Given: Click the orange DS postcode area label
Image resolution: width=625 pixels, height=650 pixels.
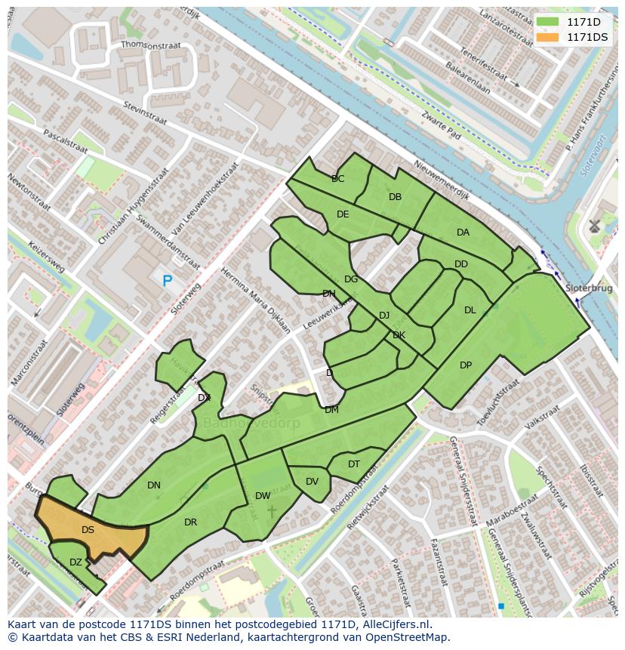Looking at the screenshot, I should pos(88,530).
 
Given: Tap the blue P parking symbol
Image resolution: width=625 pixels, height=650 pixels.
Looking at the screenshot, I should pos(167,281).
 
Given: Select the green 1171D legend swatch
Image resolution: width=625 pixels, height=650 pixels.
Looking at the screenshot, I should pos(547,21).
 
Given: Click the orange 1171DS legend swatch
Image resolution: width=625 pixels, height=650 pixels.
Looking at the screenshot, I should pos(547,37).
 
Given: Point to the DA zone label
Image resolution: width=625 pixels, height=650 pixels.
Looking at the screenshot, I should pos(463,233).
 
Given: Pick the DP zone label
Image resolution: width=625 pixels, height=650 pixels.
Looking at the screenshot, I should pos(466,365).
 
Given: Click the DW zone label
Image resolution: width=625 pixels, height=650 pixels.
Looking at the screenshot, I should pos(263,496).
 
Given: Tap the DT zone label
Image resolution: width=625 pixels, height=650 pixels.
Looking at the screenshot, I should pos(354,464).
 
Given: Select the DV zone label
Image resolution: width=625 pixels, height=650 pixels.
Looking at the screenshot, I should pos(312,482).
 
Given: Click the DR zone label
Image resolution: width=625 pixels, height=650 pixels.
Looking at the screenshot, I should pos(190,522).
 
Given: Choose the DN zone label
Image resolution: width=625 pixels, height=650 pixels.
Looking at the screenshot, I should pos(154,485).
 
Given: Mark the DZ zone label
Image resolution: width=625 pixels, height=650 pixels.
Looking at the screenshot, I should pos(75,562).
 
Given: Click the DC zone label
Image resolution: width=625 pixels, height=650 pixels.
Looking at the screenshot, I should pos(337,179).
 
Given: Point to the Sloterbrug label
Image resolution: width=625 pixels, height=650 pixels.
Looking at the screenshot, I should pos(588,288).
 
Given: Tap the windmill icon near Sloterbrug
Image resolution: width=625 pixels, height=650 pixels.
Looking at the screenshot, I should pos(594,225).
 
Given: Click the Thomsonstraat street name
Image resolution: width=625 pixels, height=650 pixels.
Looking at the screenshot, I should pos(151,45).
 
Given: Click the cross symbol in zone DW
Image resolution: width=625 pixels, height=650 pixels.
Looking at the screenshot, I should pos(272,512).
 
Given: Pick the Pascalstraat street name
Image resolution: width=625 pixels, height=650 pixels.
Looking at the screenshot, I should pos(66,140).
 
